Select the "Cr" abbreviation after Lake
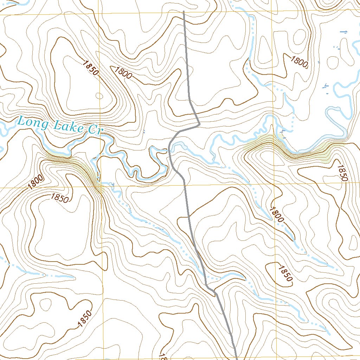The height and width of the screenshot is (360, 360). pyautogui.click(x=94, y=130)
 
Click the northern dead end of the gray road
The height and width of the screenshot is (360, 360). pyautogui.click(x=184, y=12)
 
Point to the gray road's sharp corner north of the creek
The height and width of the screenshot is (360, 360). pyautogui.click(x=199, y=124)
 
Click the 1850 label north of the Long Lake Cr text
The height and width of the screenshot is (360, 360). pyautogui.click(x=90, y=67)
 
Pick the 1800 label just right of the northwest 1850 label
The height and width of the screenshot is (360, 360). pyautogui.click(x=123, y=72)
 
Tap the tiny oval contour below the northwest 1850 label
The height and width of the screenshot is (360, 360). pyautogui.click(x=99, y=96)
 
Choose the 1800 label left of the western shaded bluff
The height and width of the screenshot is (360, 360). pyautogui.click(x=36, y=182)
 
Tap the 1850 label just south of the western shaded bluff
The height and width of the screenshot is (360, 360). pyautogui.click(x=59, y=198)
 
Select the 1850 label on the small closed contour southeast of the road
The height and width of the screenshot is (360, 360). pyautogui.click(x=284, y=273)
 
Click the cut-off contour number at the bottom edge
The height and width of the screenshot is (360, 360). pyautogui.click(x=162, y=356)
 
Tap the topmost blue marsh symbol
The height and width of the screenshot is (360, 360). pyautogui.click(x=344, y=32)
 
